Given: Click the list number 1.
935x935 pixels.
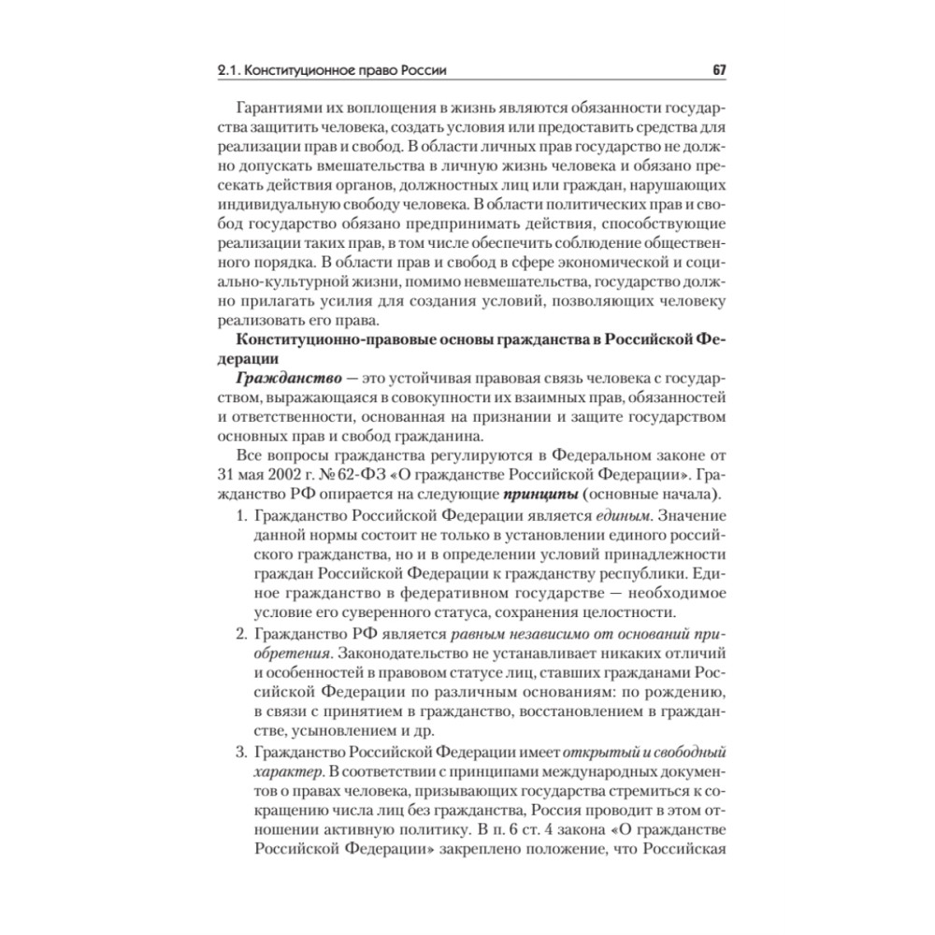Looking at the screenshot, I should tap(239, 516).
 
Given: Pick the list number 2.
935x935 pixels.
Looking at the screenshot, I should tap(239, 634).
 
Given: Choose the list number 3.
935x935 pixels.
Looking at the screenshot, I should tap(239, 752).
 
